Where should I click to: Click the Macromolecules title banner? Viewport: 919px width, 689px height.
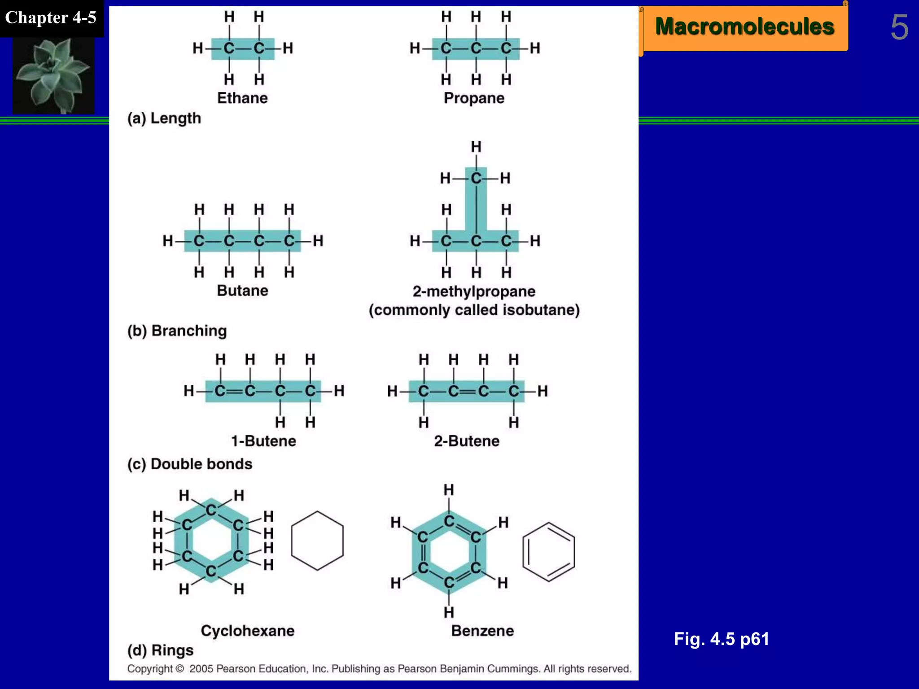(x=744, y=27)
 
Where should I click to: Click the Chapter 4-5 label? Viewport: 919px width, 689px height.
(x=51, y=18)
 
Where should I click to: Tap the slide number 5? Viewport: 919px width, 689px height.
(x=899, y=28)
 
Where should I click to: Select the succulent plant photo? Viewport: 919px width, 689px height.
(x=53, y=75)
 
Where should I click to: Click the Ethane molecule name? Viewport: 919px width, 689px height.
(x=242, y=98)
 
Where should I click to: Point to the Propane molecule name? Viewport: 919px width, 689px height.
(x=474, y=98)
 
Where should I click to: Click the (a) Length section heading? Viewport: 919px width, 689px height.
(x=164, y=118)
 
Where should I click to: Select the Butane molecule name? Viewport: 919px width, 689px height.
(x=242, y=291)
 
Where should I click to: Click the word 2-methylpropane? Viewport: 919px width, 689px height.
(x=474, y=292)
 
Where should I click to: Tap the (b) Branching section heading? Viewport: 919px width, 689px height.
(x=177, y=331)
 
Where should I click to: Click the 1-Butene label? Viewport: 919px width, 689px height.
(x=263, y=441)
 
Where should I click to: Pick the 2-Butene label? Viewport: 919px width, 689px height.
(x=467, y=441)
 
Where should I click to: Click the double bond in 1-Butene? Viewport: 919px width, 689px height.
(x=235, y=391)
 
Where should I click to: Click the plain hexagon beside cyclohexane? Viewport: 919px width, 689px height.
(x=317, y=541)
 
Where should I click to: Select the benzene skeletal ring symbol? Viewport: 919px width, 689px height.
(x=548, y=552)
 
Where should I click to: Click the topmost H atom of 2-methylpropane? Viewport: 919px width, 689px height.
(x=476, y=147)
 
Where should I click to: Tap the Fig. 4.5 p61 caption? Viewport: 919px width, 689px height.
(x=721, y=639)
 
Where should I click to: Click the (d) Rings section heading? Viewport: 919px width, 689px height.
(x=160, y=650)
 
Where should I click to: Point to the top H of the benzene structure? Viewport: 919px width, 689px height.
(x=449, y=490)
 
